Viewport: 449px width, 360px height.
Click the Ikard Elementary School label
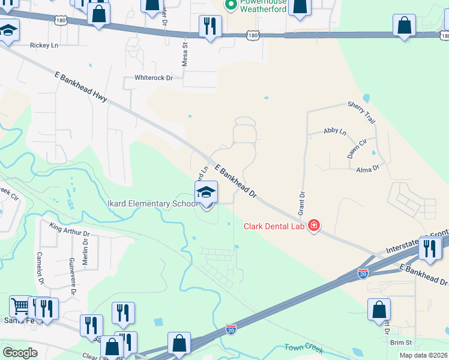pos(152,204)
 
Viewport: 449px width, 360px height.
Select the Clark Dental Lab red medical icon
pos(313,226)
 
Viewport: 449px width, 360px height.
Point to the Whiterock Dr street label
pos(154,78)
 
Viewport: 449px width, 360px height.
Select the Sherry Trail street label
pos(361,112)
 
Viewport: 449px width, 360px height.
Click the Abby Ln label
pos(335,131)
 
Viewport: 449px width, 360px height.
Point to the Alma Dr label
pos(368,169)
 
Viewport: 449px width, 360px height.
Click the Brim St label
pos(400,342)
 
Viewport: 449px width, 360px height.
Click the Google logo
pos(20,353)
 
